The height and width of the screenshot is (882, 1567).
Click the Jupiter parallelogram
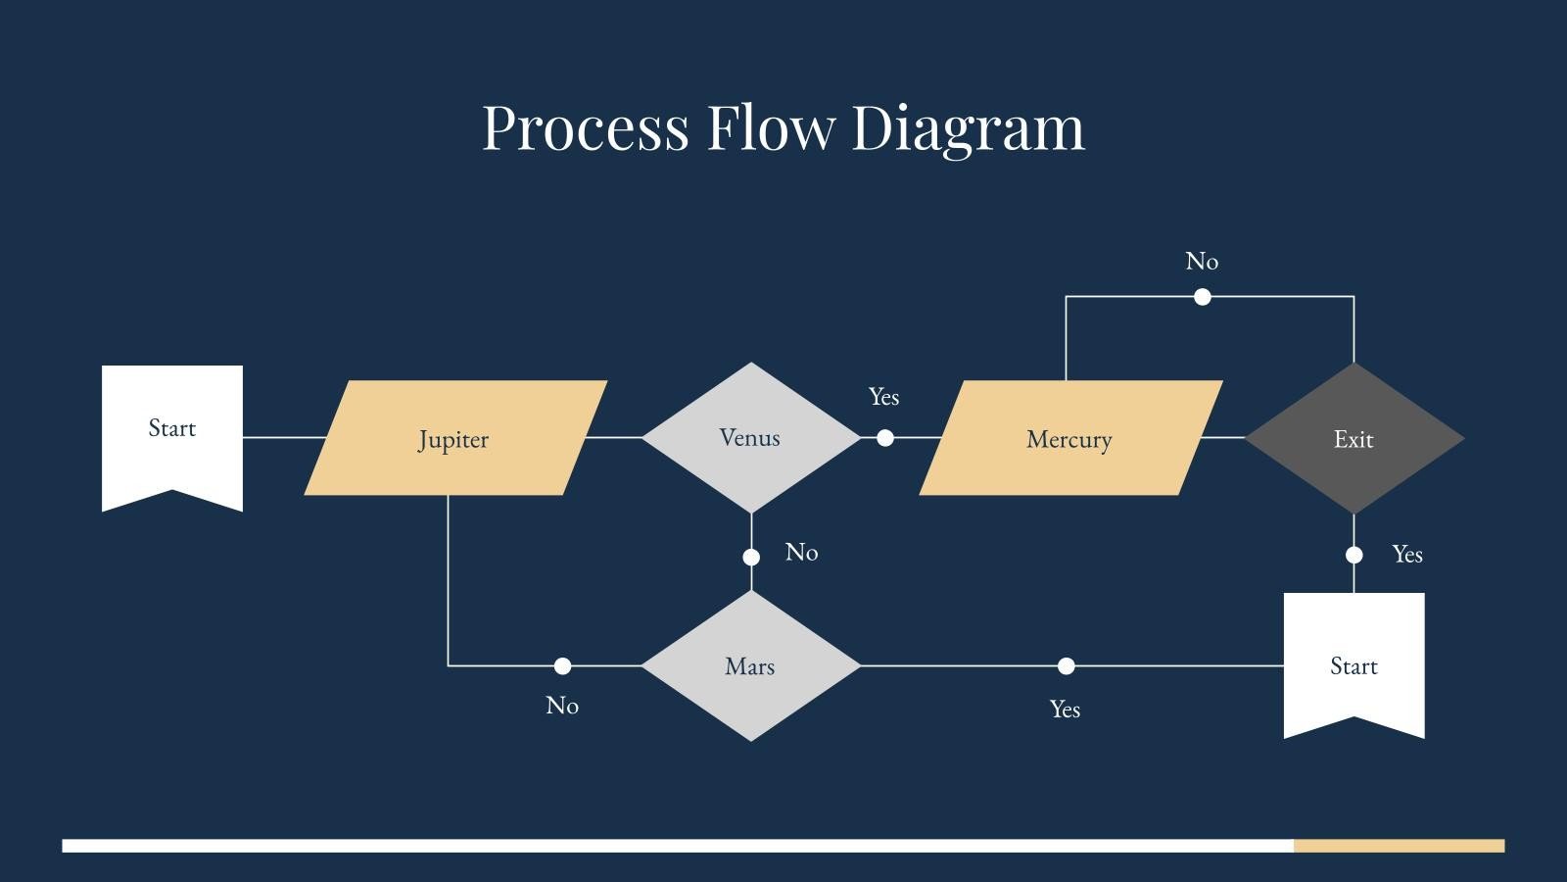click(x=454, y=438)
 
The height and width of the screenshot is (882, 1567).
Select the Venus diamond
click(x=750, y=437)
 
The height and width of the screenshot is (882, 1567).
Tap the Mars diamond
click(x=750, y=665)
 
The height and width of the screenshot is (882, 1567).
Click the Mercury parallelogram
click(x=1069, y=438)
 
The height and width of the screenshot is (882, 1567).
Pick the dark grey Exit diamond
click(x=1353, y=438)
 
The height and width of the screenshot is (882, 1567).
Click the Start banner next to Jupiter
click(x=172, y=431)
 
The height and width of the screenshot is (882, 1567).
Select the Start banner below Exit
click(x=1353, y=661)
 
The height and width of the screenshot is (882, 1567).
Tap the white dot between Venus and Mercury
click(x=885, y=438)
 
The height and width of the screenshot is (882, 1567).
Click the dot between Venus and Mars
click(x=751, y=557)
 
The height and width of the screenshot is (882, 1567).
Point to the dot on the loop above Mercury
click(x=1203, y=296)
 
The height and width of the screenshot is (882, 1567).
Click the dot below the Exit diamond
click(x=1353, y=555)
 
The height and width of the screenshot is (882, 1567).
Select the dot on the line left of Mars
click(x=562, y=666)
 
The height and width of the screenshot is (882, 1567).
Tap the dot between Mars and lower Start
click(x=1066, y=666)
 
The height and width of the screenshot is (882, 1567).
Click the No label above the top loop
click(x=1202, y=262)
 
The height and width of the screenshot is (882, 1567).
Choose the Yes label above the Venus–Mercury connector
click(x=883, y=397)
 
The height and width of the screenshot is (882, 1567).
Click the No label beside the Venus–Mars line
click(x=801, y=553)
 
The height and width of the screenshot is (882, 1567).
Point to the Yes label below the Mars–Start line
click(x=1065, y=710)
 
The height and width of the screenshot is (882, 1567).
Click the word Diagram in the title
click(x=968, y=127)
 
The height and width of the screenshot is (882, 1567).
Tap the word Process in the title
click(x=585, y=127)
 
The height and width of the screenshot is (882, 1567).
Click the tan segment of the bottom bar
click(x=1399, y=845)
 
